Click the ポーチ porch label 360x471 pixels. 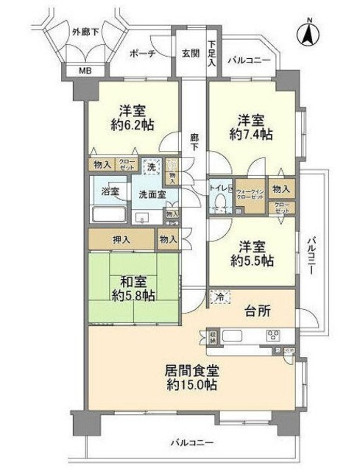click(141, 54)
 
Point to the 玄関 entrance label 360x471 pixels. click(190, 53)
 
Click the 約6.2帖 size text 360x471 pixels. click(134, 126)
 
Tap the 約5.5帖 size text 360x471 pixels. click(252, 261)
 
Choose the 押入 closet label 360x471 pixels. click(121, 239)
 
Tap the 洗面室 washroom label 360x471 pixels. click(152, 194)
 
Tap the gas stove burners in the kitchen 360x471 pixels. click(272, 336)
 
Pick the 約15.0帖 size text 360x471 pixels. click(191, 384)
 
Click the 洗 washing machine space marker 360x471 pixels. click(152, 167)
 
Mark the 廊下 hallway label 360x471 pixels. click(194, 142)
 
